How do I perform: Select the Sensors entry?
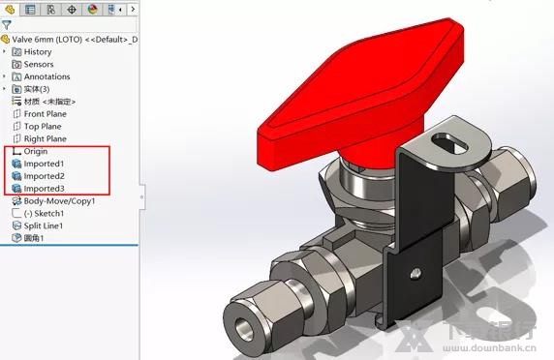tap(38, 64)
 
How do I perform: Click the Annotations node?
tap(46, 76)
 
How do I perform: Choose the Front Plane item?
tap(45, 114)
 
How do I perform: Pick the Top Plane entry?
tap(43, 126)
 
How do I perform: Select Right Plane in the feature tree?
tap(45, 138)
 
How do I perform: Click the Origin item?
tap(35, 151)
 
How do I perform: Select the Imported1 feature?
tap(44, 164)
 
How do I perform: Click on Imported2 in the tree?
tap(44, 176)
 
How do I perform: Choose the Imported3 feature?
tap(44, 189)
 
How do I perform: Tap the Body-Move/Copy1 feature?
tap(58, 201)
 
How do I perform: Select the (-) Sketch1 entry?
tap(44, 213)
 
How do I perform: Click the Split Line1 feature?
tap(43, 225)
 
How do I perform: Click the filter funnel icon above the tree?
tap(7, 25)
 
